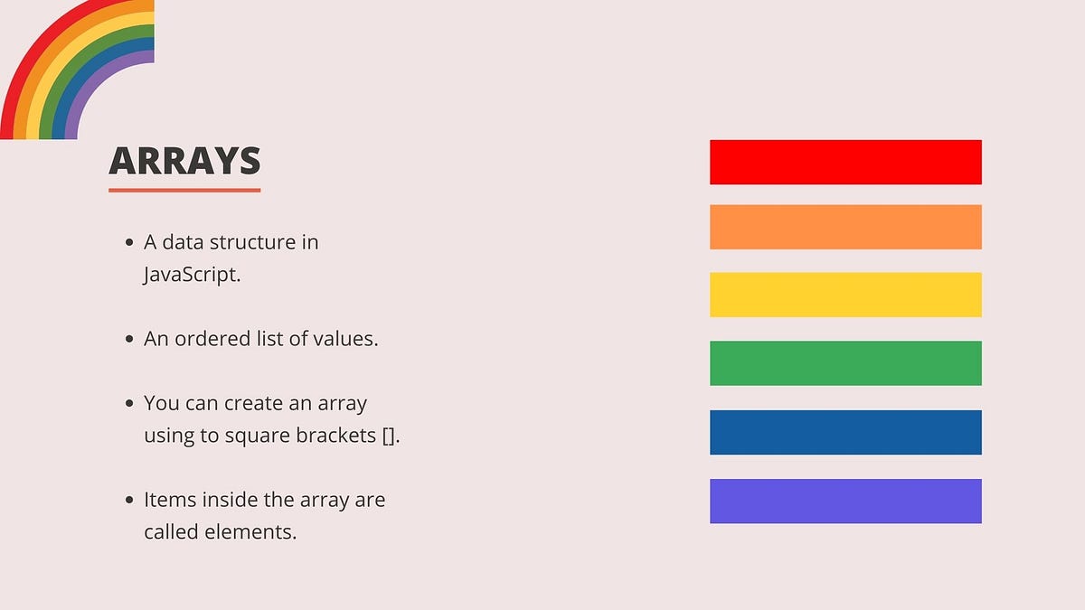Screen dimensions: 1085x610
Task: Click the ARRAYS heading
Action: click(184, 160)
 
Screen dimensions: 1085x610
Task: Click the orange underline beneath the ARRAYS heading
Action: click(184, 191)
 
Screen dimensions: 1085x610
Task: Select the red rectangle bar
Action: click(845, 162)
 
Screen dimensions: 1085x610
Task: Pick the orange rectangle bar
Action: click(845, 227)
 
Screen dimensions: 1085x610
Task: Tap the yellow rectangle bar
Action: click(845, 295)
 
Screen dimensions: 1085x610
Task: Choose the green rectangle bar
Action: click(845, 363)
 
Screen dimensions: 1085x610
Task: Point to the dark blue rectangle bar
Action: click(845, 432)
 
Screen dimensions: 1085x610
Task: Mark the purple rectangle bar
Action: click(845, 501)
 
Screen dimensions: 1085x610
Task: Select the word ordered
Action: click(212, 338)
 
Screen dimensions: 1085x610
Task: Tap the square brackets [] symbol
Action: click(389, 436)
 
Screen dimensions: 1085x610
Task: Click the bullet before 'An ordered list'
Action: click(128, 339)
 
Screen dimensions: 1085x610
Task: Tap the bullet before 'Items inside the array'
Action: click(128, 500)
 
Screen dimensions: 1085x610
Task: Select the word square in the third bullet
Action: click(258, 436)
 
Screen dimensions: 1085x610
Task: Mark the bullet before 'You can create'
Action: click(128, 403)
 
